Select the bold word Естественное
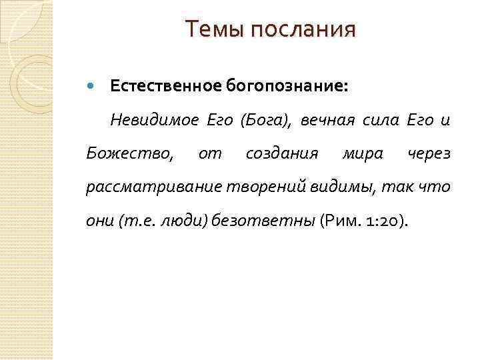165,86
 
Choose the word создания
281,154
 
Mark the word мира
362,154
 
